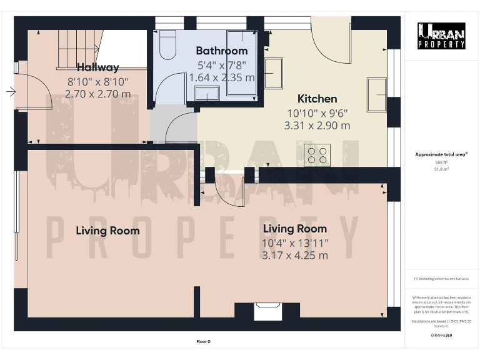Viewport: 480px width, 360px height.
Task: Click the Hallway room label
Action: coord(97,67)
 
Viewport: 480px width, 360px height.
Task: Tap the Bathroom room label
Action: coord(222,51)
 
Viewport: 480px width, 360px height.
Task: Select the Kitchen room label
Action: coord(317,99)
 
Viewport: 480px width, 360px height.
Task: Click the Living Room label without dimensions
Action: coord(107,231)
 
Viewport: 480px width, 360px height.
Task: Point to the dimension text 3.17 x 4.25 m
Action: coord(295,255)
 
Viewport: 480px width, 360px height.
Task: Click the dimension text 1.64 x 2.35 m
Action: coord(222,78)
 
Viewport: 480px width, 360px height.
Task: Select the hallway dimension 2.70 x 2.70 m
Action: coord(97,94)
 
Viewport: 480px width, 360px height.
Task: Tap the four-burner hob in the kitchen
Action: coord(317,154)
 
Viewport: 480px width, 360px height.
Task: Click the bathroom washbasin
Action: coord(206,94)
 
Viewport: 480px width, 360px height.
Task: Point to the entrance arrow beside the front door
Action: coord(11,92)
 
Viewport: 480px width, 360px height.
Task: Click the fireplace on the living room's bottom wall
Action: coord(267,309)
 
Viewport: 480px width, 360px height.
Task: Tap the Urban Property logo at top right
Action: coord(441,36)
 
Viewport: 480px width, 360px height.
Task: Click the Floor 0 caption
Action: coord(204,341)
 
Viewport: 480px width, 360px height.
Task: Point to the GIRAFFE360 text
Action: coord(441,336)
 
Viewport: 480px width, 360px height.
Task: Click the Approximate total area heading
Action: coord(441,154)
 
